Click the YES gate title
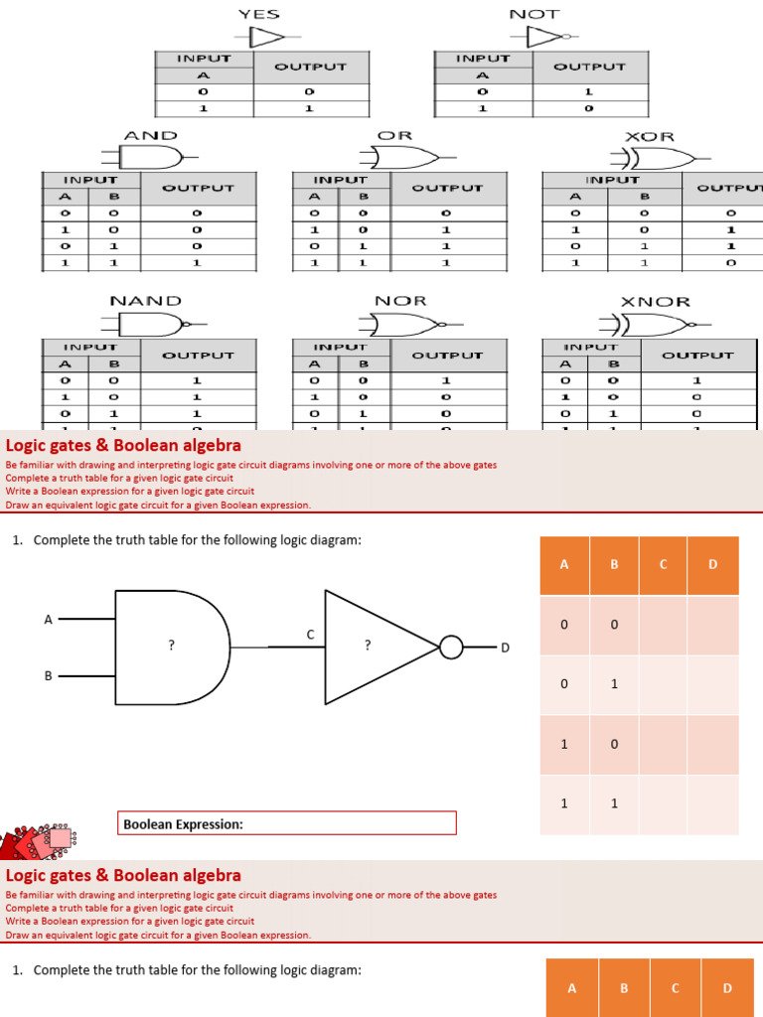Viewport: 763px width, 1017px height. click(259, 14)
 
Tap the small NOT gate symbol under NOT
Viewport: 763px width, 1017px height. click(546, 37)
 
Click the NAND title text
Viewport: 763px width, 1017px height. click(146, 300)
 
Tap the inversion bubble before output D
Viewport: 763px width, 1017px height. click(451, 648)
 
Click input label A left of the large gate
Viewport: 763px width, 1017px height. click(48, 619)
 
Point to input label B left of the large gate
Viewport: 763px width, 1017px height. click(48, 675)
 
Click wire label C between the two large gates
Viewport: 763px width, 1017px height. click(310, 634)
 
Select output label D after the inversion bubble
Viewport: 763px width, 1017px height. click(504, 649)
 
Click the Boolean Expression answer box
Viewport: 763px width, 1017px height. click(287, 823)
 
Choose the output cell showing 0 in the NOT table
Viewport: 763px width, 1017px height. click(589, 108)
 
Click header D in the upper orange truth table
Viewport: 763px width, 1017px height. click(712, 565)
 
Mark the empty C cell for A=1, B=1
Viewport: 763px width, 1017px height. click(663, 803)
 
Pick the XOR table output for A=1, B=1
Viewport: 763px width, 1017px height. click(730, 263)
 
